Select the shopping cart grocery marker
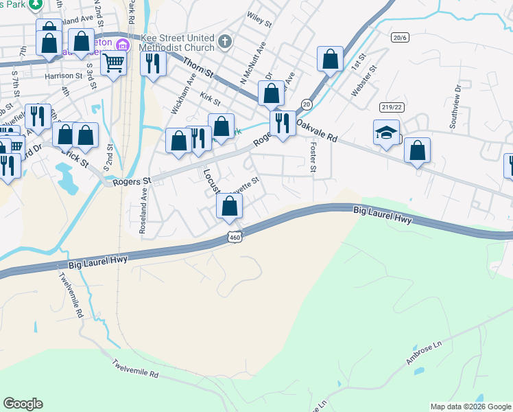(x=114, y=62)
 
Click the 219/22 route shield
(x=390, y=106)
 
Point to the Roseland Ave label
(x=143, y=214)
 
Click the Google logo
(x=23, y=404)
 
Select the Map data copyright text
(x=470, y=407)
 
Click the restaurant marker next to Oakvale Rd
(x=282, y=123)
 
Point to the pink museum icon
(x=123, y=46)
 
